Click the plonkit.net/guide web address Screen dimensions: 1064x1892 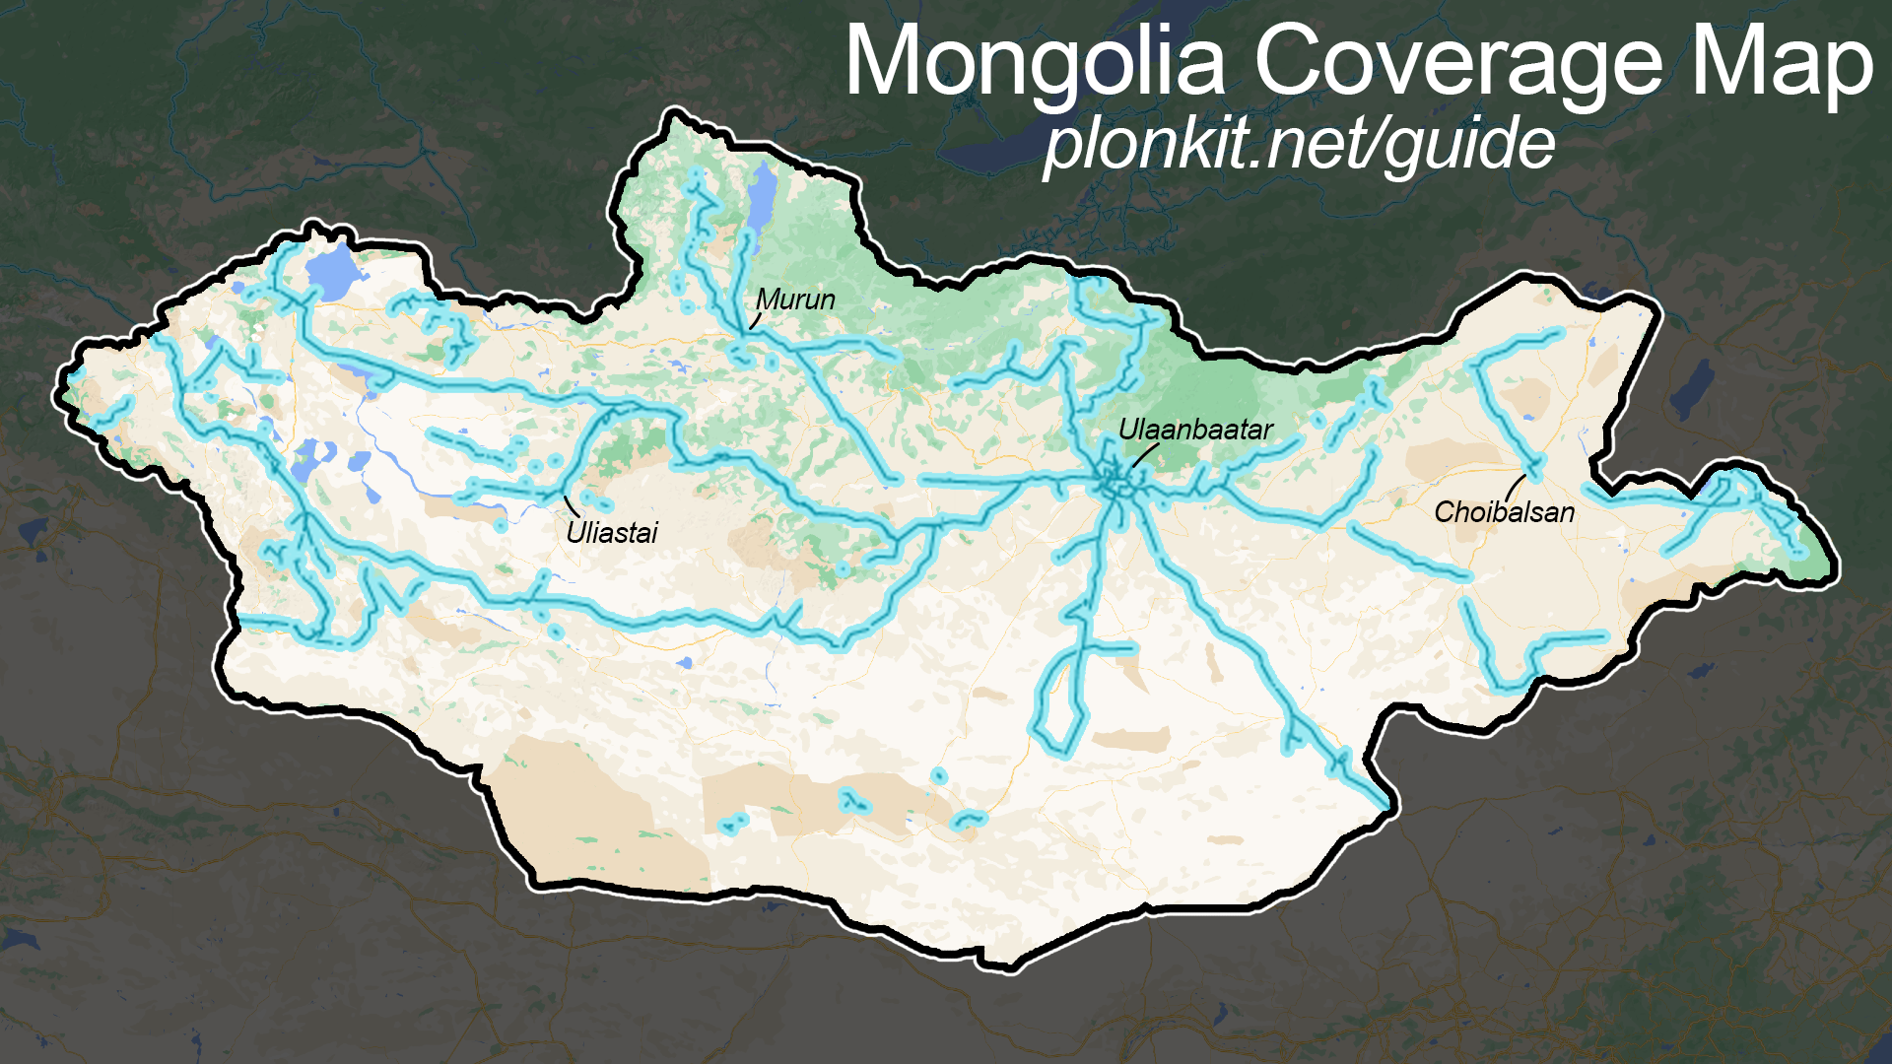point(1299,145)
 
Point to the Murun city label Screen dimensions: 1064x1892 point(795,299)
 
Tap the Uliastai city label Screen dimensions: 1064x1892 point(611,533)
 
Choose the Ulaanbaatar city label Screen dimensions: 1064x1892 point(1195,430)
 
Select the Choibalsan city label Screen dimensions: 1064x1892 point(1504,511)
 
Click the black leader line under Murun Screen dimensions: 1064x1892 point(756,320)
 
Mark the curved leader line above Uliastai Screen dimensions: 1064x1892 point(570,506)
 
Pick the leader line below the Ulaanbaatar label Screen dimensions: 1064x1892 point(1143,454)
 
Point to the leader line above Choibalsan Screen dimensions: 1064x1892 point(1514,487)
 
